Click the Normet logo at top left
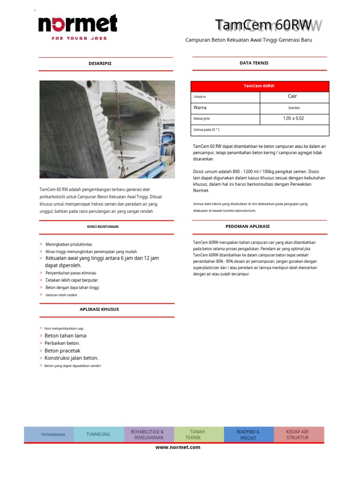coord(78,26)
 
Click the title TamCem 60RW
coord(263,25)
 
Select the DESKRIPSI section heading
coord(100,63)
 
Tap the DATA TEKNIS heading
coord(254,63)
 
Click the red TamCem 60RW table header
coord(259,86)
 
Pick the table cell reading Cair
coord(292,97)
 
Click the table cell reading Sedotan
coord(294,108)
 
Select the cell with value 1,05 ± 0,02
coord(293,119)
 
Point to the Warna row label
coord(200,108)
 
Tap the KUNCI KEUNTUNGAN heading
coord(103,227)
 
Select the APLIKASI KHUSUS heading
coord(99,309)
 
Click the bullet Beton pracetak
coord(62,351)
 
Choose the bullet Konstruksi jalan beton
coord(71,358)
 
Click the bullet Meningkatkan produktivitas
coord(68,245)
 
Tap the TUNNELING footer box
coord(98,435)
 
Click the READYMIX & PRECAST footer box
coord(248,435)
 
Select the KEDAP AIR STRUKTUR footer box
coord(298,435)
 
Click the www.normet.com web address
coord(178,447)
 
